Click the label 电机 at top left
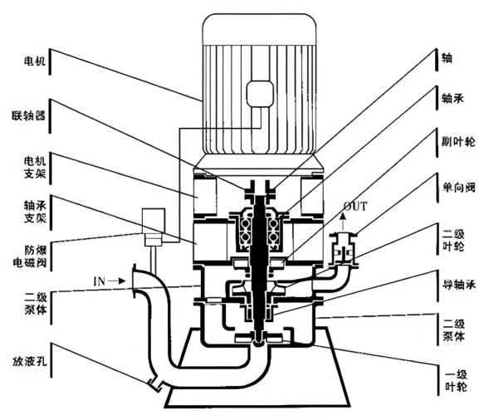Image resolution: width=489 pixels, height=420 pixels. (35, 61)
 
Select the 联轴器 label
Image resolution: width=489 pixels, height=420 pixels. (29, 115)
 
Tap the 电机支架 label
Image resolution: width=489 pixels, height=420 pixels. (35, 168)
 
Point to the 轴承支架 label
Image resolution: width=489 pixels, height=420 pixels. (35, 212)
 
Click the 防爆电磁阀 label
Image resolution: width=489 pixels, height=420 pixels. (30, 256)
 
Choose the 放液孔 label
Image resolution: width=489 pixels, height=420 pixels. (30, 361)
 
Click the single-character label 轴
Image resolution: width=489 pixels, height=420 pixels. (447, 58)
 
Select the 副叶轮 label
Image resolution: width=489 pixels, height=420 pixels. (458, 142)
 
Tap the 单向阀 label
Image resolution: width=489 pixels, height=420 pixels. (458, 188)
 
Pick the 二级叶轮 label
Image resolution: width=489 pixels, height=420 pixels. (453, 241)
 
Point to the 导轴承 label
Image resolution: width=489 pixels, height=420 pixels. (459, 285)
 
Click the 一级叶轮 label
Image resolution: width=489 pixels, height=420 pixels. (456, 381)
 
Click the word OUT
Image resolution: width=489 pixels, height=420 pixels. (355, 206)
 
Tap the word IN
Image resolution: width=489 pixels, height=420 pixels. (100, 281)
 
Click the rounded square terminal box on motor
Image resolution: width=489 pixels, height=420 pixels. (260, 94)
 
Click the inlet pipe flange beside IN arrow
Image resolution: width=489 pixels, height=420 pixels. (134, 281)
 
